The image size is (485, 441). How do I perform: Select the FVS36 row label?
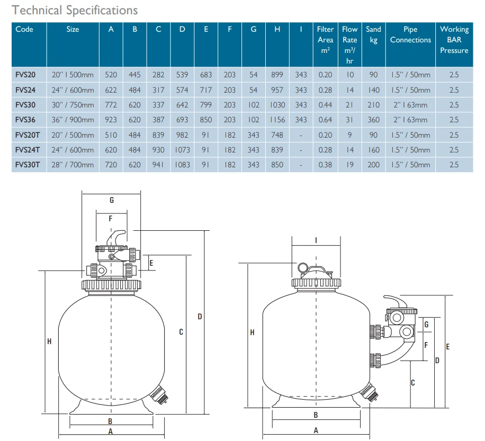tap(26, 120)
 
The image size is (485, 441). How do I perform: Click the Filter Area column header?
tap(325, 40)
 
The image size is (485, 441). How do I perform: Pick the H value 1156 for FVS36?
tap(277, 120)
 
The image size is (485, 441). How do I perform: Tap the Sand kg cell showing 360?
tap(374, 120)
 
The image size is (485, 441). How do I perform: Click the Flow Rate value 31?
tap(349, 120)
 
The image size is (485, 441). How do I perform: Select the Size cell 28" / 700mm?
tap(73, 165)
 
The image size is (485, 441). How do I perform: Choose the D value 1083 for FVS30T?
tap(182, 165)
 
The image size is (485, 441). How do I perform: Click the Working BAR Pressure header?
tap(454, 40)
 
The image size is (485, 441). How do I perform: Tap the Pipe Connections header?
tap(410, 34)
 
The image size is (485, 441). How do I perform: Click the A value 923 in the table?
tap(111, 120)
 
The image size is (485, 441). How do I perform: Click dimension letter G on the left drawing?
tap(111, 200)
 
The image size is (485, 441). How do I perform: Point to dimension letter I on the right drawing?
tap(316, 240)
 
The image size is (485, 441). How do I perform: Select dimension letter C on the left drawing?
tap(181, 332)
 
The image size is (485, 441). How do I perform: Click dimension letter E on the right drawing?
tap(448, 346)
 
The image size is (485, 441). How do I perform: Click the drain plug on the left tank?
tap(159, 395)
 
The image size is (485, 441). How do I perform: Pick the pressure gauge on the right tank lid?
tap(304, 267)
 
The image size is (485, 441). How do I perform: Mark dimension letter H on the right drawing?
tap(252, 332)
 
